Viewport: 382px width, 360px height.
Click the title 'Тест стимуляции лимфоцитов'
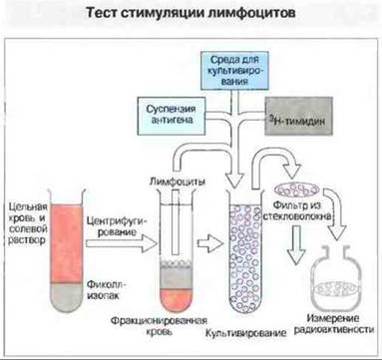(191, 13)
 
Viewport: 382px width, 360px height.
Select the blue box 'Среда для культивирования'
(234, 70)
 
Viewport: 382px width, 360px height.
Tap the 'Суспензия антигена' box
(172, 116)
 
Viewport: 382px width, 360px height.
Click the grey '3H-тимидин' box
(298, 116)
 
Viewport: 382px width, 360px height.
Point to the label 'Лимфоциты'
(178, 181)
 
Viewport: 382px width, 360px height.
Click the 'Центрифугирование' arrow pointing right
(122, 243)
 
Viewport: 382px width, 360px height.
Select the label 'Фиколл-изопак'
(108, 290)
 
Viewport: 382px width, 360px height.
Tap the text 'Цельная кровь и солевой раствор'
(28, 223)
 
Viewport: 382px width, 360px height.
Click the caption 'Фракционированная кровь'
(159, 326)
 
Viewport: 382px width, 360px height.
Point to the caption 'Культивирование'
(245, 333)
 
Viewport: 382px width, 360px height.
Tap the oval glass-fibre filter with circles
(296, 189)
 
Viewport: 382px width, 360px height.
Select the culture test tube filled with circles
(245, 252)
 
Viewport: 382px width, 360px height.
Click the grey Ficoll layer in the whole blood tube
(67, 297)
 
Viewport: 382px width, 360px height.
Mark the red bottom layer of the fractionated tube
(177, 300)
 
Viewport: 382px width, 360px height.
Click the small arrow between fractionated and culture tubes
(210, 243)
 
